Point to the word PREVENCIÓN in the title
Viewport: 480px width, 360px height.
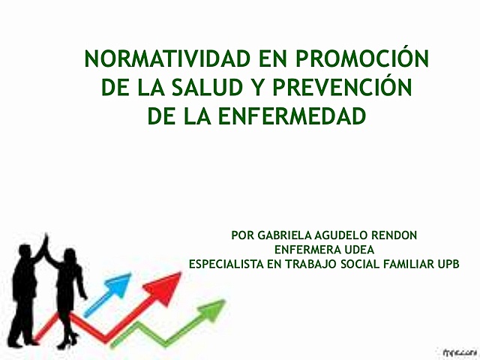(352, 88)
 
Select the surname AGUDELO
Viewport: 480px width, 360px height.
(348, 235)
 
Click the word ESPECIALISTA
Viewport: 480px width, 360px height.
(225, 264)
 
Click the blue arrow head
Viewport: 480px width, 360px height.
(121, 283)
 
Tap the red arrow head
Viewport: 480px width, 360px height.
(169, 283)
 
